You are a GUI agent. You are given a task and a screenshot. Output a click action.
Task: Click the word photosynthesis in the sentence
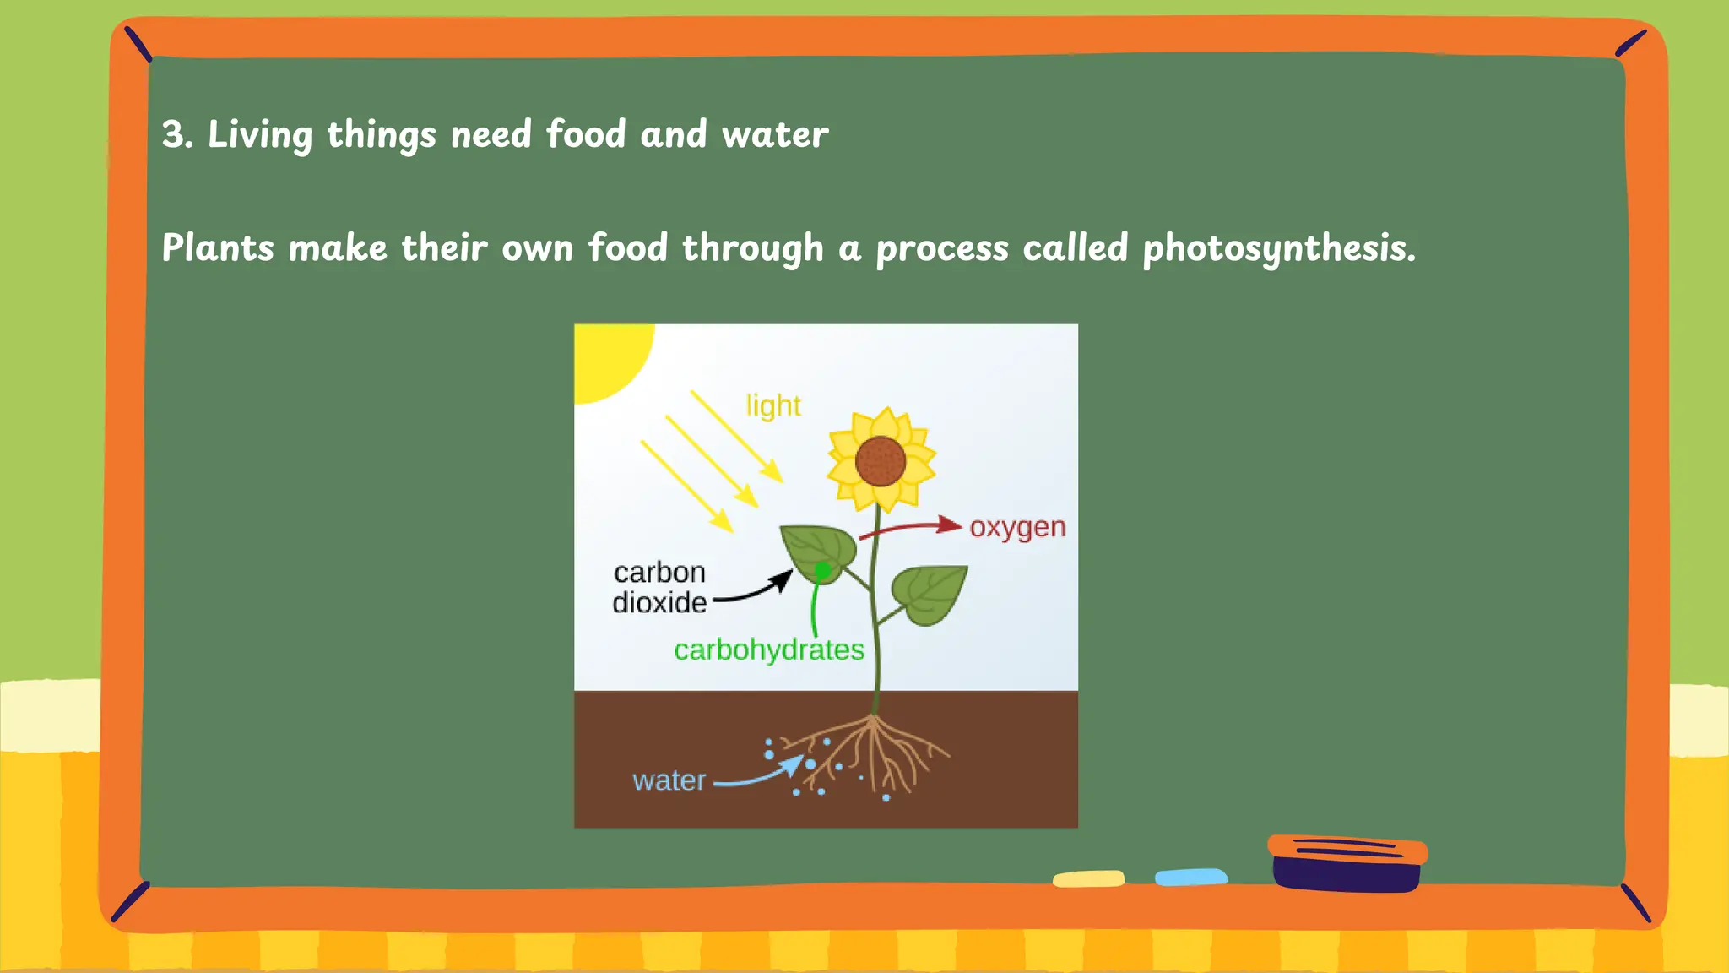click(x=1278, y=248)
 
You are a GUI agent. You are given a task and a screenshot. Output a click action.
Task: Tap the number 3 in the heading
click(x=173, y=134)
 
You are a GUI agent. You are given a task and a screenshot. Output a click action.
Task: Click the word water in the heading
click(x=775, y=134)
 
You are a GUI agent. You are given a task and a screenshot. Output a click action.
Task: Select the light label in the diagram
click(x=773, y=406)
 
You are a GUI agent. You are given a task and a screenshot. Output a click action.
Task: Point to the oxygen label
click(x=1017, y=527)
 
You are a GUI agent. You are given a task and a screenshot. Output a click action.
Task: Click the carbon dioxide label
click(x=659, y=587)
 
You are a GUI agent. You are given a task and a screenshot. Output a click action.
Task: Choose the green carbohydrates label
click(x=769, y=650)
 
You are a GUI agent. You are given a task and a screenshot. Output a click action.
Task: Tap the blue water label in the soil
click(x=669, y=780)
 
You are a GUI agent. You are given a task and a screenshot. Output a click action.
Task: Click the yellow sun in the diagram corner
click(x=608, y=355)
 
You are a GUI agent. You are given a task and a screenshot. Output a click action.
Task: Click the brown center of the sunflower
click(x=881, y=461)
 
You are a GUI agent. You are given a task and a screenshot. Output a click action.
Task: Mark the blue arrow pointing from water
click(x=760, y=774)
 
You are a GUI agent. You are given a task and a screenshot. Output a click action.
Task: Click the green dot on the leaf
click(x=822, y=572)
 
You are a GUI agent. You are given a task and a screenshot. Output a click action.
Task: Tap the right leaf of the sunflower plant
click(x=930, y=593)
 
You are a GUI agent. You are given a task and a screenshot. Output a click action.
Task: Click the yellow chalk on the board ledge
click(x=1088, y=879)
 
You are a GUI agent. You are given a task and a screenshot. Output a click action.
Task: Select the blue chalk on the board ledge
click(x=1190, y=878)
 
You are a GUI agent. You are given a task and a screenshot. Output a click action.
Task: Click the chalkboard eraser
click(x=1347, y=862)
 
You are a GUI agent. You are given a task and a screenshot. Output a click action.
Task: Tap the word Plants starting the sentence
click(x=218, y=248)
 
